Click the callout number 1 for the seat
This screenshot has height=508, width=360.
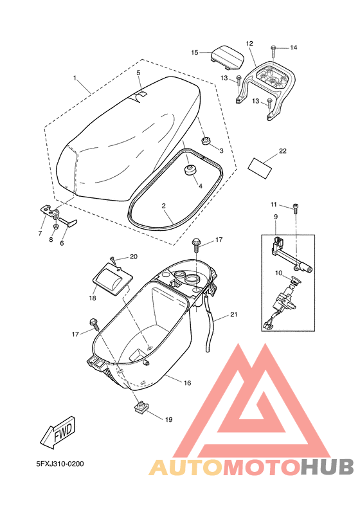[75, 78]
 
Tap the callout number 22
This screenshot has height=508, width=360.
[283, 151]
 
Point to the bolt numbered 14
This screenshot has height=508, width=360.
[274, 48]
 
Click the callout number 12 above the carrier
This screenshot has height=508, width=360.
[249, 44]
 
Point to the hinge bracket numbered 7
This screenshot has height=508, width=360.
[48, 209]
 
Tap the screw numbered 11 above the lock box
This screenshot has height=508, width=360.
[295, 207]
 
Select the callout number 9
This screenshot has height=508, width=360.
[276, 217]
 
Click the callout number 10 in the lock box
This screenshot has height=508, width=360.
[280, 273]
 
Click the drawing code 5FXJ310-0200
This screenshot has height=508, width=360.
[60, 463]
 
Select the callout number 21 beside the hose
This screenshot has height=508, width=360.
[234, 314]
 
